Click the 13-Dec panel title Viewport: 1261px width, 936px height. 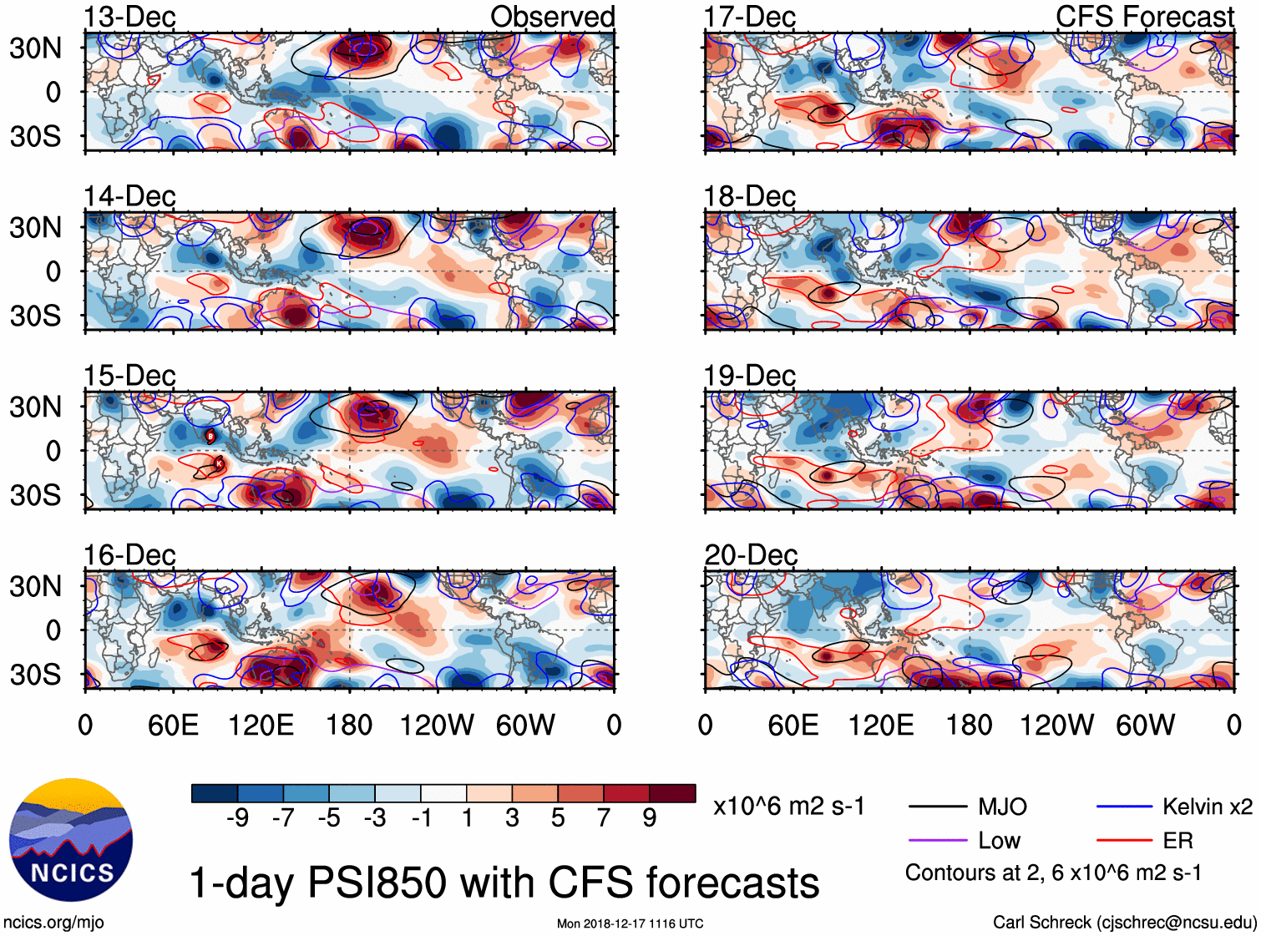coord(129,17)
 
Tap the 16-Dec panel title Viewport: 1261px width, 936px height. coord(129,555)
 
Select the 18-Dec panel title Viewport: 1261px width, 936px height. coord(750,196)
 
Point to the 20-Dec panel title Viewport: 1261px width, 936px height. coord(751,555)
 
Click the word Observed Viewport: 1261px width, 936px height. coord(552,17)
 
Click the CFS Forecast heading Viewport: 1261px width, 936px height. coord(1144,17)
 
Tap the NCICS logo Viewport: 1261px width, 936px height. coord(71,840)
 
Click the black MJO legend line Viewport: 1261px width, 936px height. coord(938,807)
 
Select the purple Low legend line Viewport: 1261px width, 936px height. coord(938,841)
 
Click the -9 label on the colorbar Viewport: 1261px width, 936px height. coord(237,818)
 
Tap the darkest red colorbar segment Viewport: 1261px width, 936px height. coord(672,793)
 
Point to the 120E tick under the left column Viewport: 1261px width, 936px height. coord(261,725)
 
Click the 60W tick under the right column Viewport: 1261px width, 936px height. coord(1145,725)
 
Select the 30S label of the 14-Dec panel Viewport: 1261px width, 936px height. coord(35,316)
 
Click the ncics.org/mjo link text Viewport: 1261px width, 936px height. coord(53,923)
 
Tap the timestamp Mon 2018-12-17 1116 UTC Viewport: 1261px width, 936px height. coord(630,923)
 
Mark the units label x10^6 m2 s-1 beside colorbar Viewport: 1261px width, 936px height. coord(788,807)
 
